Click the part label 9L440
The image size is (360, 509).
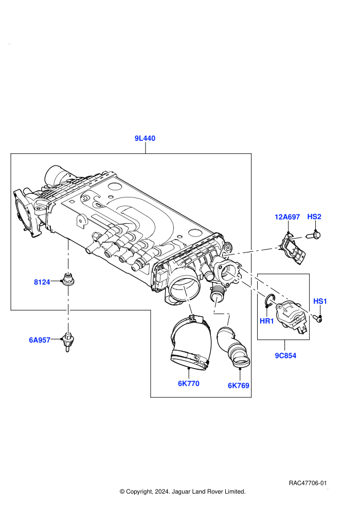pos(145,138)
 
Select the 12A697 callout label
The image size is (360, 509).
pos(287,217)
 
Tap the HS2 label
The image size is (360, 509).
pos(314,216)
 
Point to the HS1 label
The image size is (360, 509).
pos(320,301)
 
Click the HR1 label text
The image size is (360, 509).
pos(266,321)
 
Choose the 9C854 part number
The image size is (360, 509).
pos(285,355)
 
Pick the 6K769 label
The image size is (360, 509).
pos(238,385)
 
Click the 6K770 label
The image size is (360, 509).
pos(188,384)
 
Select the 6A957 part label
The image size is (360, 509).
pos(40,340)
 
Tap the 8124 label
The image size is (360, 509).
pos(42,282)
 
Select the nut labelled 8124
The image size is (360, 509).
pos(68,279)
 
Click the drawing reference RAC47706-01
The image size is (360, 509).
pos(308,483)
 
